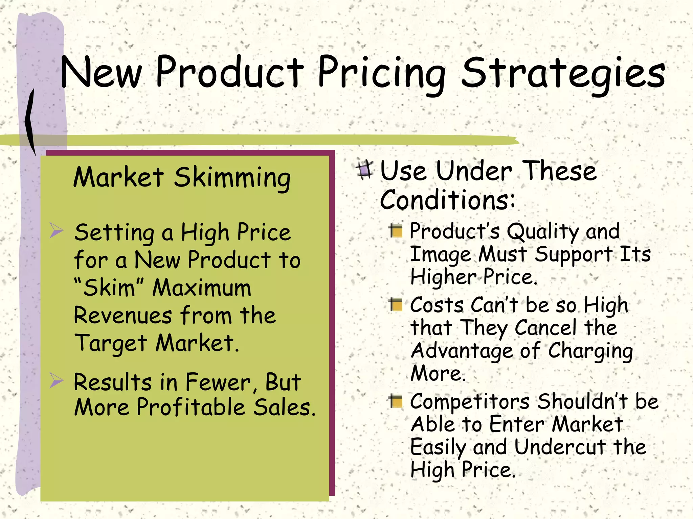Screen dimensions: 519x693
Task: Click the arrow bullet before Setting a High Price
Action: (56, 230)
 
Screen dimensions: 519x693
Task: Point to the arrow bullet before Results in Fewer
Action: (56, 380)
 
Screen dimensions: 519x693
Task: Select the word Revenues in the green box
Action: (123, 315)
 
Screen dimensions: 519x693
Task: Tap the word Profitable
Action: (191, 407)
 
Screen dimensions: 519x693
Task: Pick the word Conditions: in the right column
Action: (447, 200)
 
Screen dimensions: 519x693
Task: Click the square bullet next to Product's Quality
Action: (396, 231)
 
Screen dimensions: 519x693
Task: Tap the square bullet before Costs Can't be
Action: (396, 305)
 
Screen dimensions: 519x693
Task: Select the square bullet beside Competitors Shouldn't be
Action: (396, 401)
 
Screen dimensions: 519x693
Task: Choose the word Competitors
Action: (470, 402)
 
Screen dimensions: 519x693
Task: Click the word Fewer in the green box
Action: (218, 382)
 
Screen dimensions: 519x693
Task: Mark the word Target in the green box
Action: (110, 343)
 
